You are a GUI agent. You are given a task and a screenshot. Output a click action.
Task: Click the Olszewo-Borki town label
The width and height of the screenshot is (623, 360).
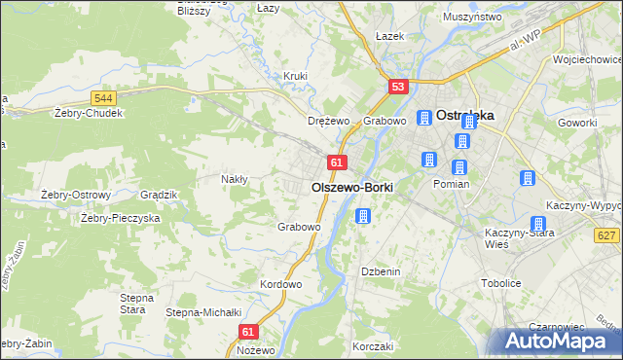tap(352, 187)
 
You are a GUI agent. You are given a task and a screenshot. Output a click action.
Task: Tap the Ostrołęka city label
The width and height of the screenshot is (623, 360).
tap(465, 114)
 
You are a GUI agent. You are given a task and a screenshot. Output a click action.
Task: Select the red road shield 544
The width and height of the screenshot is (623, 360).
tap(104, 98)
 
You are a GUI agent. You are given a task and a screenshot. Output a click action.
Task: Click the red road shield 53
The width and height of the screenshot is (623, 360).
tap(397, 88)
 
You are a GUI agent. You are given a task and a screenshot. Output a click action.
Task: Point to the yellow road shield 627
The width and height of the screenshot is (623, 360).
tap(606, 234)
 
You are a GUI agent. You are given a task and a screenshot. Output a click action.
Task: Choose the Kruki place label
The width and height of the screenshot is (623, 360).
tap(295, 76)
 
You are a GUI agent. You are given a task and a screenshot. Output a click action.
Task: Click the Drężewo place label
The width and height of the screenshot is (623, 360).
tap(328, 122)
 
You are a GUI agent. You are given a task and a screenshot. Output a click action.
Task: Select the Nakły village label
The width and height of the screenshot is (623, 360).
tap(235, 179)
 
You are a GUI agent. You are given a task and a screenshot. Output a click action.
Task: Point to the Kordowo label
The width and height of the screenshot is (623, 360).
tap(281, 284)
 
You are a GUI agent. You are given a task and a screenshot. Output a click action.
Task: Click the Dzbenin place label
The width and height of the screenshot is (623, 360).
tap(381, 271)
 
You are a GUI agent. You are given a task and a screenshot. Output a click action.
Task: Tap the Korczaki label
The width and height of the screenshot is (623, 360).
tap(373, 346)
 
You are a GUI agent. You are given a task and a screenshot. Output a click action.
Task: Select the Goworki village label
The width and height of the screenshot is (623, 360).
tap(577, 124)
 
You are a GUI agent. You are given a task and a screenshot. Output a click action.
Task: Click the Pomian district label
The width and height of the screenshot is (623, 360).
tap(452, 184)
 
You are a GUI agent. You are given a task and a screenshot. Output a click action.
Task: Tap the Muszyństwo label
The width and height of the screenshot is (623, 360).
tap(471, 18)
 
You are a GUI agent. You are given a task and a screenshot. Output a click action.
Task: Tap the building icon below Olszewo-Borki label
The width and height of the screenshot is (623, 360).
tap(363, 216)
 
